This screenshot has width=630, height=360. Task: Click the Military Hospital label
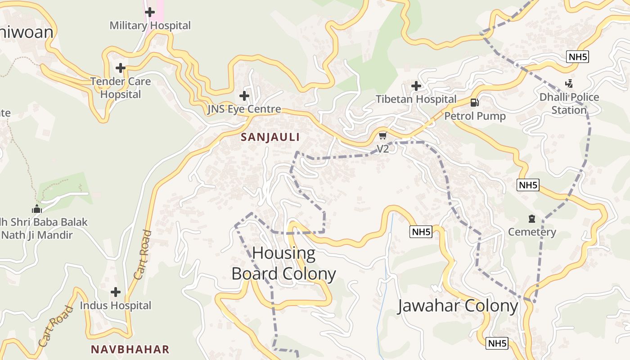(150, 26)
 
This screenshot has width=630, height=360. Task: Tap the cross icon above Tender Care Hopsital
(120, 68)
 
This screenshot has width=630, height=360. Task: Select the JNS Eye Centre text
(244, 109)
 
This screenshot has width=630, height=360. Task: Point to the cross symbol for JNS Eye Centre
(244, 95)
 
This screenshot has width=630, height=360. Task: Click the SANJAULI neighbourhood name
(270, 137)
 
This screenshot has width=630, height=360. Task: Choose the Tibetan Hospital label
(416, 99)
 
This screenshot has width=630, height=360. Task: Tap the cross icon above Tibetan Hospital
(416, 85)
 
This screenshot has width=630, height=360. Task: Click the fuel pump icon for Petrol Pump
(474, 103)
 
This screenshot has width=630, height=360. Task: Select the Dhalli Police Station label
(569, 103)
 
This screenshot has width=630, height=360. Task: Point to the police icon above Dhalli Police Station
(569, 84)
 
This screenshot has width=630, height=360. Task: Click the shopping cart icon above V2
(382, 135)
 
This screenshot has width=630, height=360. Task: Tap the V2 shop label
(382, 148)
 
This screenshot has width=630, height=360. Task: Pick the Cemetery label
(532, 232)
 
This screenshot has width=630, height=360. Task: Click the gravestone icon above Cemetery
(532, 219)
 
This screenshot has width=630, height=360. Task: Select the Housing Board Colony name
(283, 263)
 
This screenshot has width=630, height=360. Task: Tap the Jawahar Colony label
(458, 306)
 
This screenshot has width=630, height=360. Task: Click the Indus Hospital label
(116, 305)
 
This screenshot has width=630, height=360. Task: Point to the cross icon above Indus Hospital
(116, 292)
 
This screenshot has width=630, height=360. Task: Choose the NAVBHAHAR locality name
(130, 349)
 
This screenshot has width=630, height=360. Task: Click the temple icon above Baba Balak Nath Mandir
(37, 209)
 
